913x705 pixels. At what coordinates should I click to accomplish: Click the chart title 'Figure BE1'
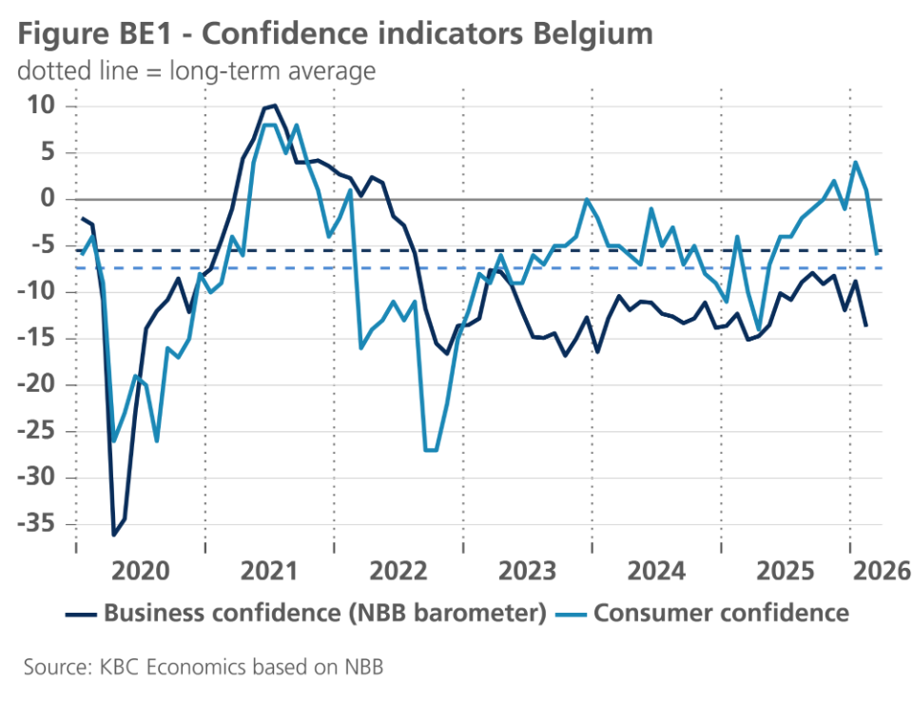pyautogui.click(x=95, y=33)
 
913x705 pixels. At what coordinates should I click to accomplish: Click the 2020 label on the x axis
pyautogui.click(x=140, y=571)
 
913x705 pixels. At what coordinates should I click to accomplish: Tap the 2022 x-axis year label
pyautogui.click(x=398, y=571)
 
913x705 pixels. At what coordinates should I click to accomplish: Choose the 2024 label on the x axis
pyautogui.click(x=656, y=571)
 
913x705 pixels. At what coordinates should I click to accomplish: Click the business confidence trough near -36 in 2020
pyautogui.click(x=114, y=535)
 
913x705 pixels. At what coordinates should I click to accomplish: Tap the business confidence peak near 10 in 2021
pyautogui.click(x=275, y=106)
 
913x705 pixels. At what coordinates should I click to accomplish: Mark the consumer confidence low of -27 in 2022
pyautogui.click(x=430, y=450)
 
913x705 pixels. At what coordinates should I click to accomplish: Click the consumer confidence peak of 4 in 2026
pyautogui.click(x=856, y=162)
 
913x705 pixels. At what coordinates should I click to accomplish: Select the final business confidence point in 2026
pyautogui.click(x=865, y=325)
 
